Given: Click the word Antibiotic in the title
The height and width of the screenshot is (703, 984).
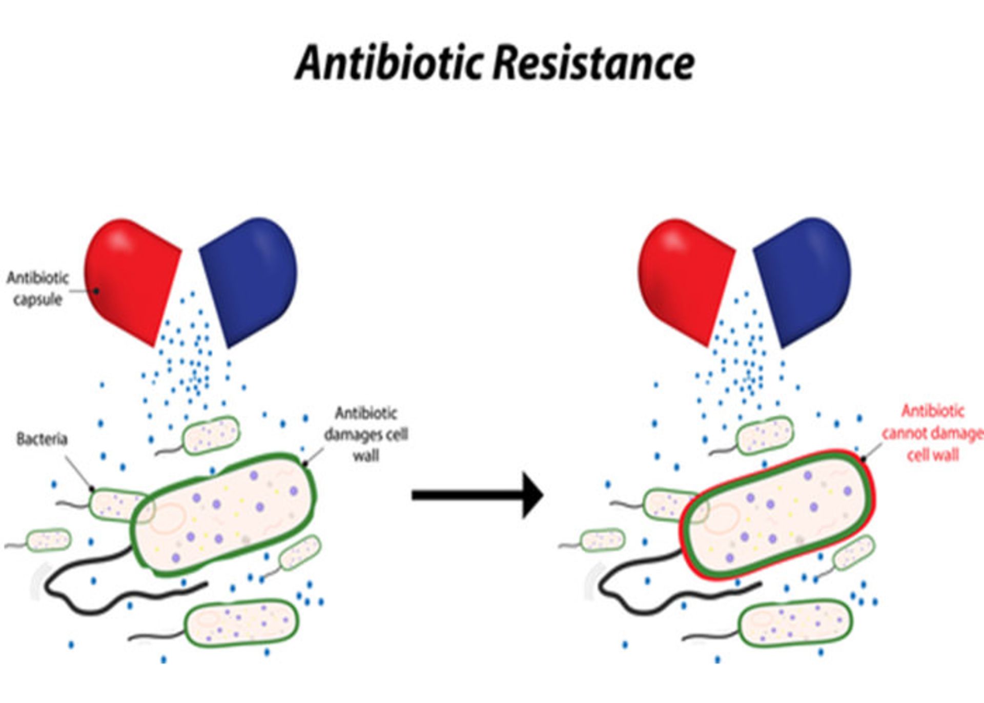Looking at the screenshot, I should pos(389,63).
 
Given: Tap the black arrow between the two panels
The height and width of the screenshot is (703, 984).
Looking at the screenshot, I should pos(477,495).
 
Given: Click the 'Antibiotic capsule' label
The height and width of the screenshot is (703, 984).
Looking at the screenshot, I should pos(37,289).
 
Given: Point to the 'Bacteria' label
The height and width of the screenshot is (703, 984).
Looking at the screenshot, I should pos(42,439).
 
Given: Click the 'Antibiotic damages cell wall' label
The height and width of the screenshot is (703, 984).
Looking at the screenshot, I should pos(366,434).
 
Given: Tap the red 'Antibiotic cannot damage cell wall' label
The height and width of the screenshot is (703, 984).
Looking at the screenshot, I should pos(932,433).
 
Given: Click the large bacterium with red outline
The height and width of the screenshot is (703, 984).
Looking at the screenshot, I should pos(776,515).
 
